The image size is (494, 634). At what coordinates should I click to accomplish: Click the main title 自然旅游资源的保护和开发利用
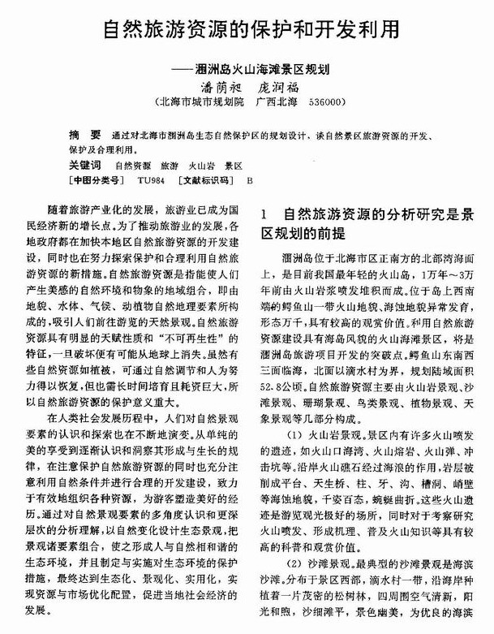251,30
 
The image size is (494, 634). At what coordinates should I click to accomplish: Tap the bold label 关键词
86,165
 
